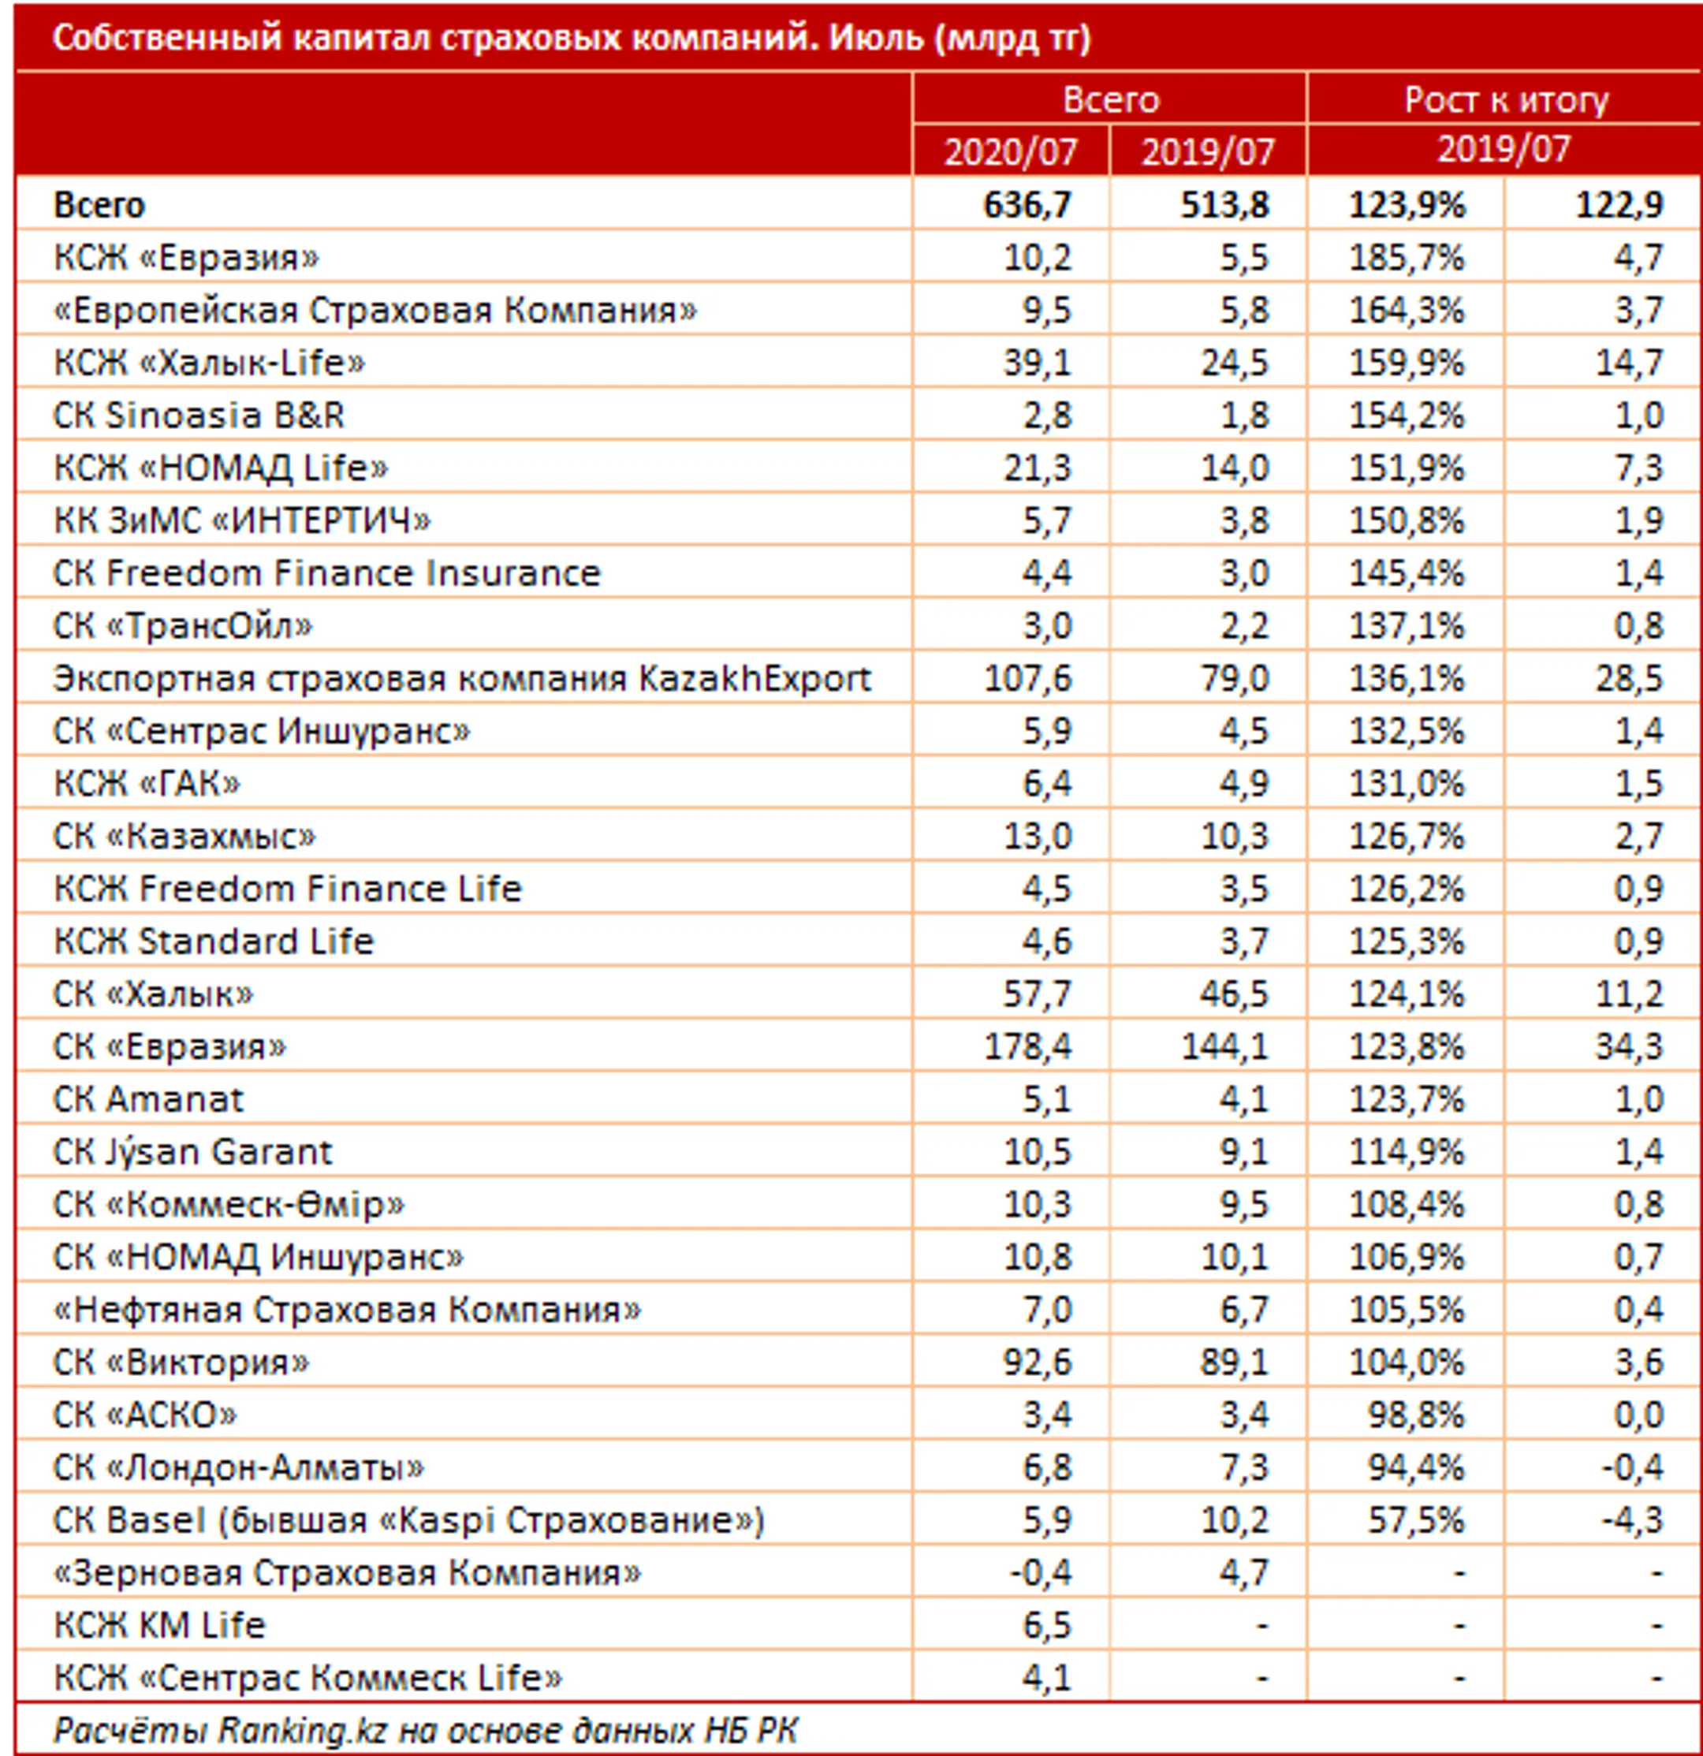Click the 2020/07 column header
pos(1011,151)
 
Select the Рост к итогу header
pos(1506,99)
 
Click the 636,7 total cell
pos(1027,204)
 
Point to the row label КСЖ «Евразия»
pos(186,257)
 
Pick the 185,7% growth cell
pos(1407,257)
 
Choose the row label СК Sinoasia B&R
pos(199,415)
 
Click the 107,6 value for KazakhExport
pos(1027,678)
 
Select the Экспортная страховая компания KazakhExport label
pos(462,678)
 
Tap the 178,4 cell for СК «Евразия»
pos(1027,1046)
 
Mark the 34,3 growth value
pos(1629,1046)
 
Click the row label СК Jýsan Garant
pos(192,1151)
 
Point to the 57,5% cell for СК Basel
pos(1415,1520)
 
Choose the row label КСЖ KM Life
pos(159,1625)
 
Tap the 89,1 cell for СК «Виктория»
pos(1234,1362)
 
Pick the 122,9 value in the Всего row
pos(1619,204)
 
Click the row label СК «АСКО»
pos(145,1415)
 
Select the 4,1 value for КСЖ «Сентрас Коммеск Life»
pos(1046,1678)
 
